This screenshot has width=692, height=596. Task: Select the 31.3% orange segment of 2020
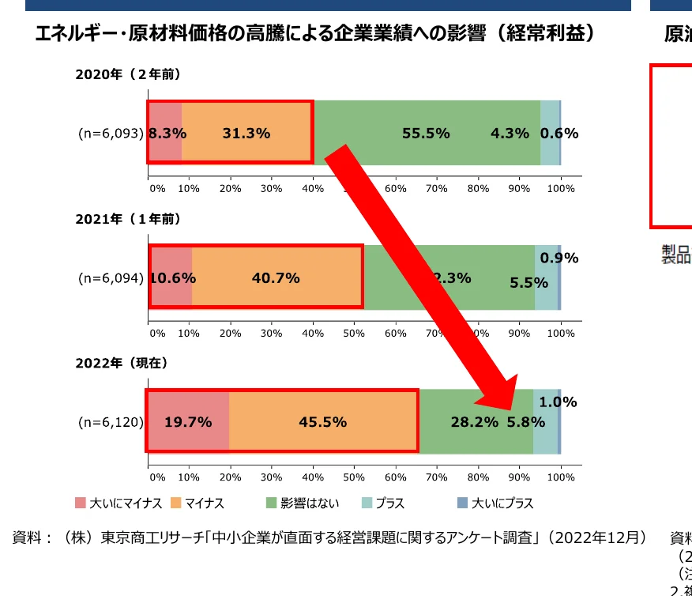click(x=246, y=134)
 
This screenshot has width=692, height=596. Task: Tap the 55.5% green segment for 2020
click(x=426, y=134)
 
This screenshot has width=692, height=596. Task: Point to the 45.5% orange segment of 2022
click(x=322, y=422)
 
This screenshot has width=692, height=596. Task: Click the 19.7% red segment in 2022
click(x=188, y=422)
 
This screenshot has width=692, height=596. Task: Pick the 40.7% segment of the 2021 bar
click(x=276, y=278)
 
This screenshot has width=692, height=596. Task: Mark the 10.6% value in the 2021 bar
click(x=172, y=278)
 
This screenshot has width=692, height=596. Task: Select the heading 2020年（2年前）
click(x=129, y=74)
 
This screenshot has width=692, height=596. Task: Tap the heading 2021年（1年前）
click(x=129, y=218)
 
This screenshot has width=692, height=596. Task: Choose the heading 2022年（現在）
click(x=122, y=363)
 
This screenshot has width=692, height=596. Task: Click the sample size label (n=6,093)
click(x=111, y=134)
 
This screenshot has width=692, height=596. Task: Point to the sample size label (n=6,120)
click(x=111, y=422)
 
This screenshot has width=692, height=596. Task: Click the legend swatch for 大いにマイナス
click(x=81, y=504)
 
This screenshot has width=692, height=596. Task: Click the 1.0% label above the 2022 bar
click(x=558, y=402)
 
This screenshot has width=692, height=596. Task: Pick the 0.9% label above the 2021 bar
click(x=559, y=258)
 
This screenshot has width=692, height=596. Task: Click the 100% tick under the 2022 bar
click(x=561, y=477)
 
